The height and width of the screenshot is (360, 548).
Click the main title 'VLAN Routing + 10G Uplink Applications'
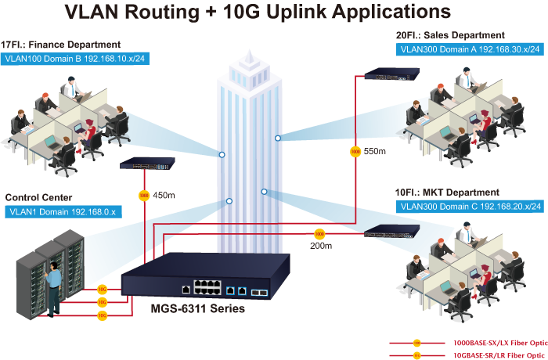click(x=258, y=13)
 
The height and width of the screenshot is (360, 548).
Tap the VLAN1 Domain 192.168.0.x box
click(x=60, y=211)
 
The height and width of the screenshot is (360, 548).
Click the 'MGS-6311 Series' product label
click(x=197, y=309)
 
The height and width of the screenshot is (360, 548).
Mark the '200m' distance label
click(x=321, y=246)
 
